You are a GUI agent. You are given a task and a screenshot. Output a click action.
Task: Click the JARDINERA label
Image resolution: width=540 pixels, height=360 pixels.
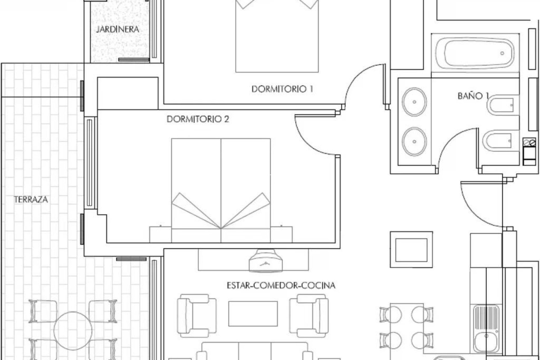(x=118, y=29)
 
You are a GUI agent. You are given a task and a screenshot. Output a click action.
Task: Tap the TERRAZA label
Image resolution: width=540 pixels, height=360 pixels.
(x=31, y=200)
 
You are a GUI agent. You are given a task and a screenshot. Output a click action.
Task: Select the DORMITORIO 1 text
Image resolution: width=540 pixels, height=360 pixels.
(x=282, y=89)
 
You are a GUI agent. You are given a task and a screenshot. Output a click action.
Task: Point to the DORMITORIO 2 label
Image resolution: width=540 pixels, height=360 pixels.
(x=198, y=119)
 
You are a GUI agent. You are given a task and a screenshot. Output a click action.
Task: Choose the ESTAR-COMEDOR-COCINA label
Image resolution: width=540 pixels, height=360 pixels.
(x=281, y=286)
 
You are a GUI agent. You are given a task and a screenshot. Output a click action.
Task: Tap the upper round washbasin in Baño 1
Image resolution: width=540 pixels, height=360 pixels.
(x=414, y=102)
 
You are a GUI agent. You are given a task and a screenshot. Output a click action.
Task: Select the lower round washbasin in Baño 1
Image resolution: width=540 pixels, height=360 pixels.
(x=414, y=141)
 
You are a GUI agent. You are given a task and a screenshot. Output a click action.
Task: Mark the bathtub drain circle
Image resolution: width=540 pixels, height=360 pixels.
(x=502, y=53)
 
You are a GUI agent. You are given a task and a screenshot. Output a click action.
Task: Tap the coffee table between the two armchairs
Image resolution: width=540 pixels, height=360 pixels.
(x=253, y=314)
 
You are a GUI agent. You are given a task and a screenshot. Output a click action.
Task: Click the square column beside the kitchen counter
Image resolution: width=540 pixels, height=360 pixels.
(x=411, y=250)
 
